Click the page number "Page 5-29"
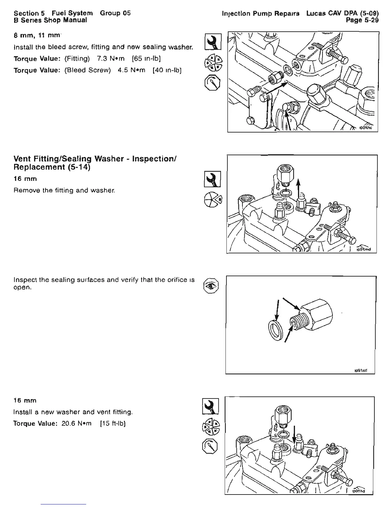(362, 20)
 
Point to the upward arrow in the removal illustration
(298, 192)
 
